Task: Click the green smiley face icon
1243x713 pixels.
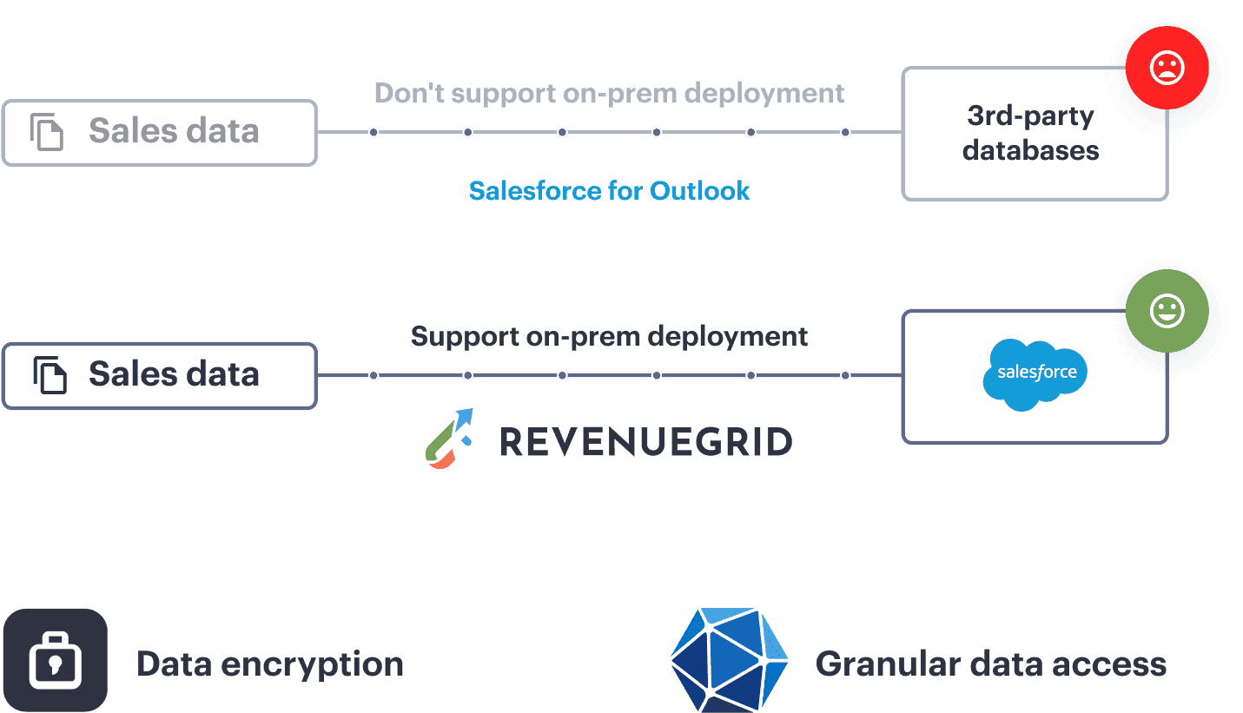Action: (x=1167, y=311)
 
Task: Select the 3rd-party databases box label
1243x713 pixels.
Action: (x=1030, y=133)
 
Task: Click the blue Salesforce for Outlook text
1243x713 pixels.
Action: (x=609, y=191)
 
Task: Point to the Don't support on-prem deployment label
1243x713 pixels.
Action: (x=609, y=93)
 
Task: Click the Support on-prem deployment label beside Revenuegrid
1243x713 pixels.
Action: (x=609, y=336)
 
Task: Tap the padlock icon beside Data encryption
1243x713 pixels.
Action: (x=55, y=661)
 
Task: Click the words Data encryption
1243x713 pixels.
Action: (x=270, y=664)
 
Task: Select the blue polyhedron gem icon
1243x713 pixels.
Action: (x=730, y=661)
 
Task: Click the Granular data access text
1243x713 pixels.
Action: (x=990, y=664)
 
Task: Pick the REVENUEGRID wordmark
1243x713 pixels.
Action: (x=645, y=442)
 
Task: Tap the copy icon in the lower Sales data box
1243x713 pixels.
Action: (x=50, y=375)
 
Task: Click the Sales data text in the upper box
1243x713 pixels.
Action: (x=174, y=132)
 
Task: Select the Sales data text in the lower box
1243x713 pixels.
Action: (x=174, y=374)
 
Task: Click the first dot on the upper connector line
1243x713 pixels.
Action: (x=374, y=133)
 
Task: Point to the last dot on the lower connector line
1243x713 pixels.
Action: (x=845, y=375)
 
